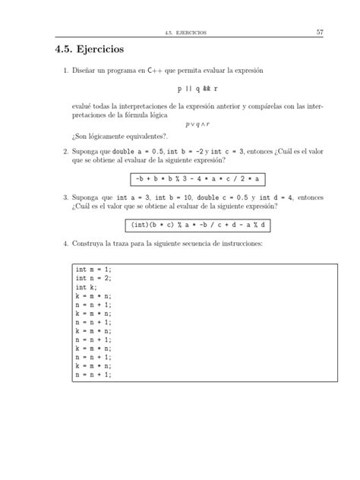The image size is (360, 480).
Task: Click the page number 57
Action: [320, 31]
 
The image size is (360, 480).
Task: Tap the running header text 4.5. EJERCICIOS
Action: [191, 32]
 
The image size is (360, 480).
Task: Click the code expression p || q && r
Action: [197, 89]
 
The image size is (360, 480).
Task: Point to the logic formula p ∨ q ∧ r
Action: [197, 123]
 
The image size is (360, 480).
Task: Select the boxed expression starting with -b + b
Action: [197, 178]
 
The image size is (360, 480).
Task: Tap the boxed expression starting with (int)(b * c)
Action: [197, 226]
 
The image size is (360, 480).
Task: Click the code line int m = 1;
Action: [93, 270]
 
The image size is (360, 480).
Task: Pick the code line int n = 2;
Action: [93, 279]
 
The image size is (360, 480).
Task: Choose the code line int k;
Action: [86, 288]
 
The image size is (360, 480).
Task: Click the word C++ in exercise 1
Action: [173, 71]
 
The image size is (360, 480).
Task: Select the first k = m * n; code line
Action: [93, 296]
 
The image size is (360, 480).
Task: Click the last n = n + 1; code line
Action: [93, 374]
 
